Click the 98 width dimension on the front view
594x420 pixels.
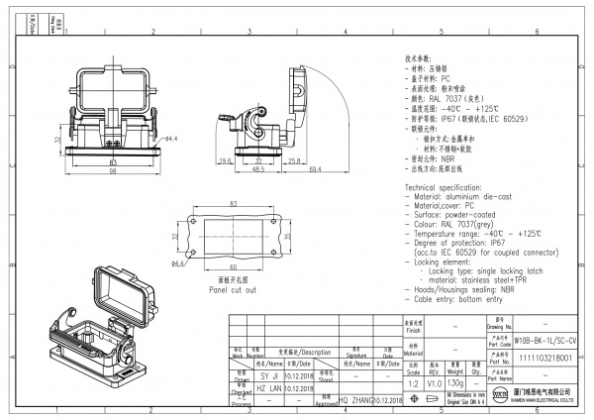[113, 171]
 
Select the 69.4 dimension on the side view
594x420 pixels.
[288, 170]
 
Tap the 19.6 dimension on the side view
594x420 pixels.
[227, 159]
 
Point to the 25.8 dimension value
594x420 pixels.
[295, 159]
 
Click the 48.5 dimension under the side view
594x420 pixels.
[256, 170]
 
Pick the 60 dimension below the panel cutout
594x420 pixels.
[234, 267]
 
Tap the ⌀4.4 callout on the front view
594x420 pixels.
[169, 139]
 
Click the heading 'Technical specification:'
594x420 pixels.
[453, 187]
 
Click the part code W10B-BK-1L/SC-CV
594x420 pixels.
[544, 338]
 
